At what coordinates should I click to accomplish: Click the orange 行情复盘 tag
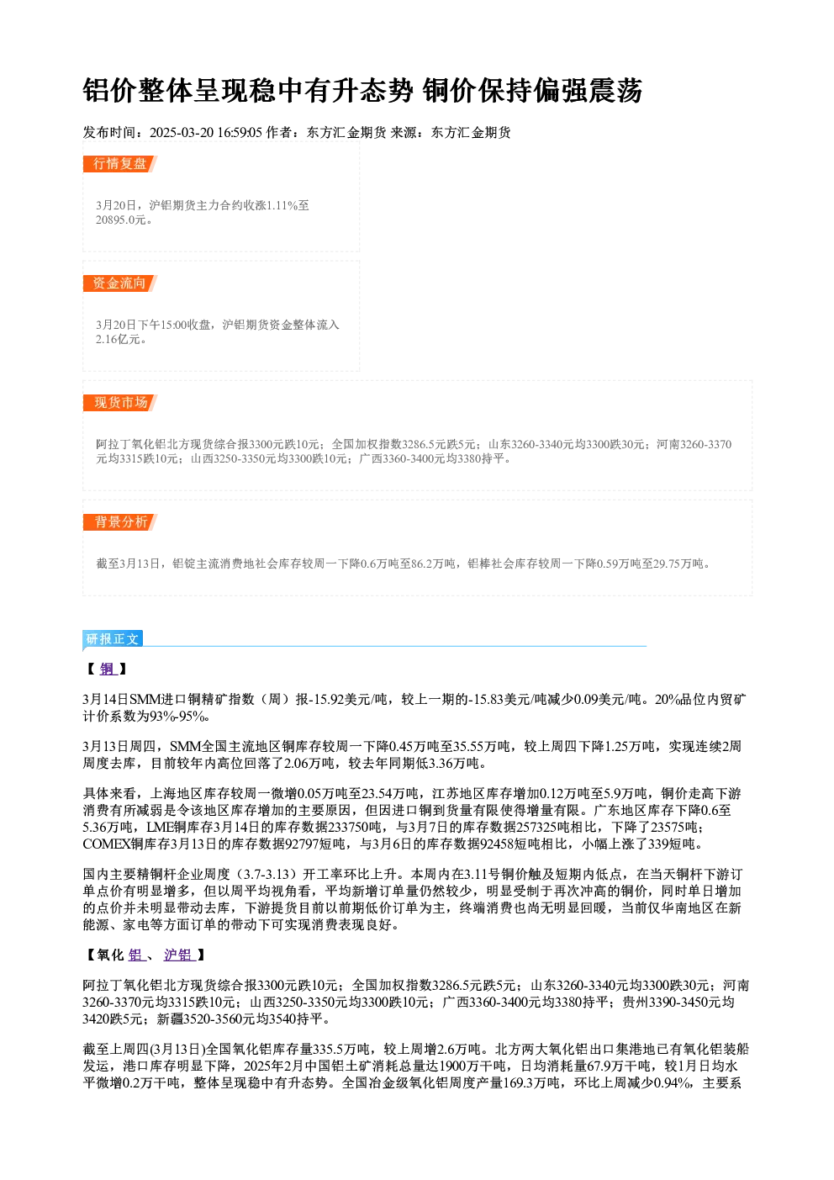pyautogui.click(x=119, y=164)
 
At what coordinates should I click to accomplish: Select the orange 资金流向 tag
pyautogui.click(x=119, y=283)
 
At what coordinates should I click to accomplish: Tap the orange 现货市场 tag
pyautogui.click(x=119, y=403)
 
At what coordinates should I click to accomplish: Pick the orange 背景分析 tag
pyautogui.click(x=119, y=522)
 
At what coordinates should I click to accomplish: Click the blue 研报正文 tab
pyautogui.click(x=113, y=638)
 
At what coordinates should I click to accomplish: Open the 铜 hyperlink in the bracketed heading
pyautogui.click(x=107, y=669)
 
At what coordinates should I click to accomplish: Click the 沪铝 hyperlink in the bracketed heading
pyautogui.click(x=178, y=955)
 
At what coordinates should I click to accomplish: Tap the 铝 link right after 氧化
pyautogui.click(x=136, y=955)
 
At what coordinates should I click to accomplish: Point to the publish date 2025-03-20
pyautogui.click(x=181, y=132)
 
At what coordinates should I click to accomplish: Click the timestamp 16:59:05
pyautogui.click(x=240, y=132)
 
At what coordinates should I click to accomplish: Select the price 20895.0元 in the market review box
pyautogui.click(x=120, y=220)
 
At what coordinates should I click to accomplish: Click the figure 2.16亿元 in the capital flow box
pyautogui.click(x=119, y=339)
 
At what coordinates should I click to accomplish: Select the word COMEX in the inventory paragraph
pyautogui.click(x=107, y=844)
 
